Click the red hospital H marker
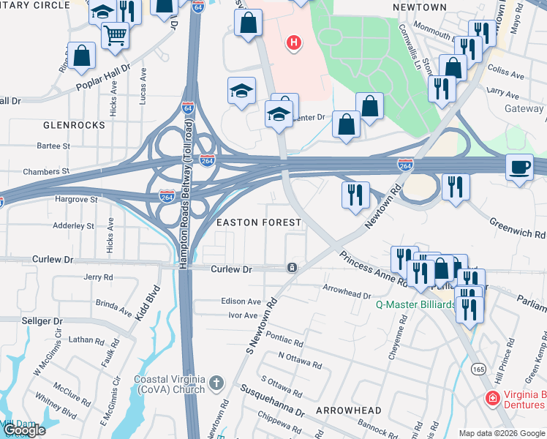point(294,44)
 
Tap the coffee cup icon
point(520,168)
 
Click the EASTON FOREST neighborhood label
point(257,222)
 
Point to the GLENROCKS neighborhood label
point(75,125)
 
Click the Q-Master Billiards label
point(414,304)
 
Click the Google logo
point(24,430)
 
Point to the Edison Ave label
point(241,301)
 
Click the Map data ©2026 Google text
point(501,433)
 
